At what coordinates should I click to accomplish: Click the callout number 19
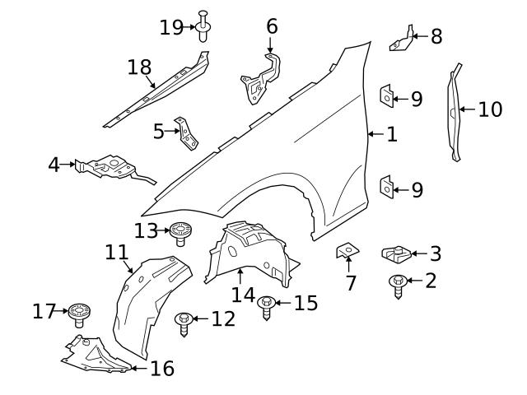(x=171, y=27)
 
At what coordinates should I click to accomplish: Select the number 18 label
(x=140, y=67)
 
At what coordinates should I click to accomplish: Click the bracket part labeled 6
(x=262, y=79)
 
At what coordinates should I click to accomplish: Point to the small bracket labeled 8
(x=401, y=39)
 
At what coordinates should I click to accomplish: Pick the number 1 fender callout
(x=392, y=133)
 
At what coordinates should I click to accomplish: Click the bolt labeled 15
(x=266, y=308)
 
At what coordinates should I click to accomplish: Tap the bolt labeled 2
(x=397, y=285)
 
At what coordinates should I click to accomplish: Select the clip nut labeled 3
(x=397, y=256)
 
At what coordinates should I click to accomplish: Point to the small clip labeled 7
(x=347, y=250)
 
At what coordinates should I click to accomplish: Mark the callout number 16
(x=163, y=368)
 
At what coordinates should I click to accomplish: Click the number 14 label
(x=243, y=295)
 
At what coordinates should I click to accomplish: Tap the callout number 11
(x=117, y=252)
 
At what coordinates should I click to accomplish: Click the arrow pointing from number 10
(x=466, y=109)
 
